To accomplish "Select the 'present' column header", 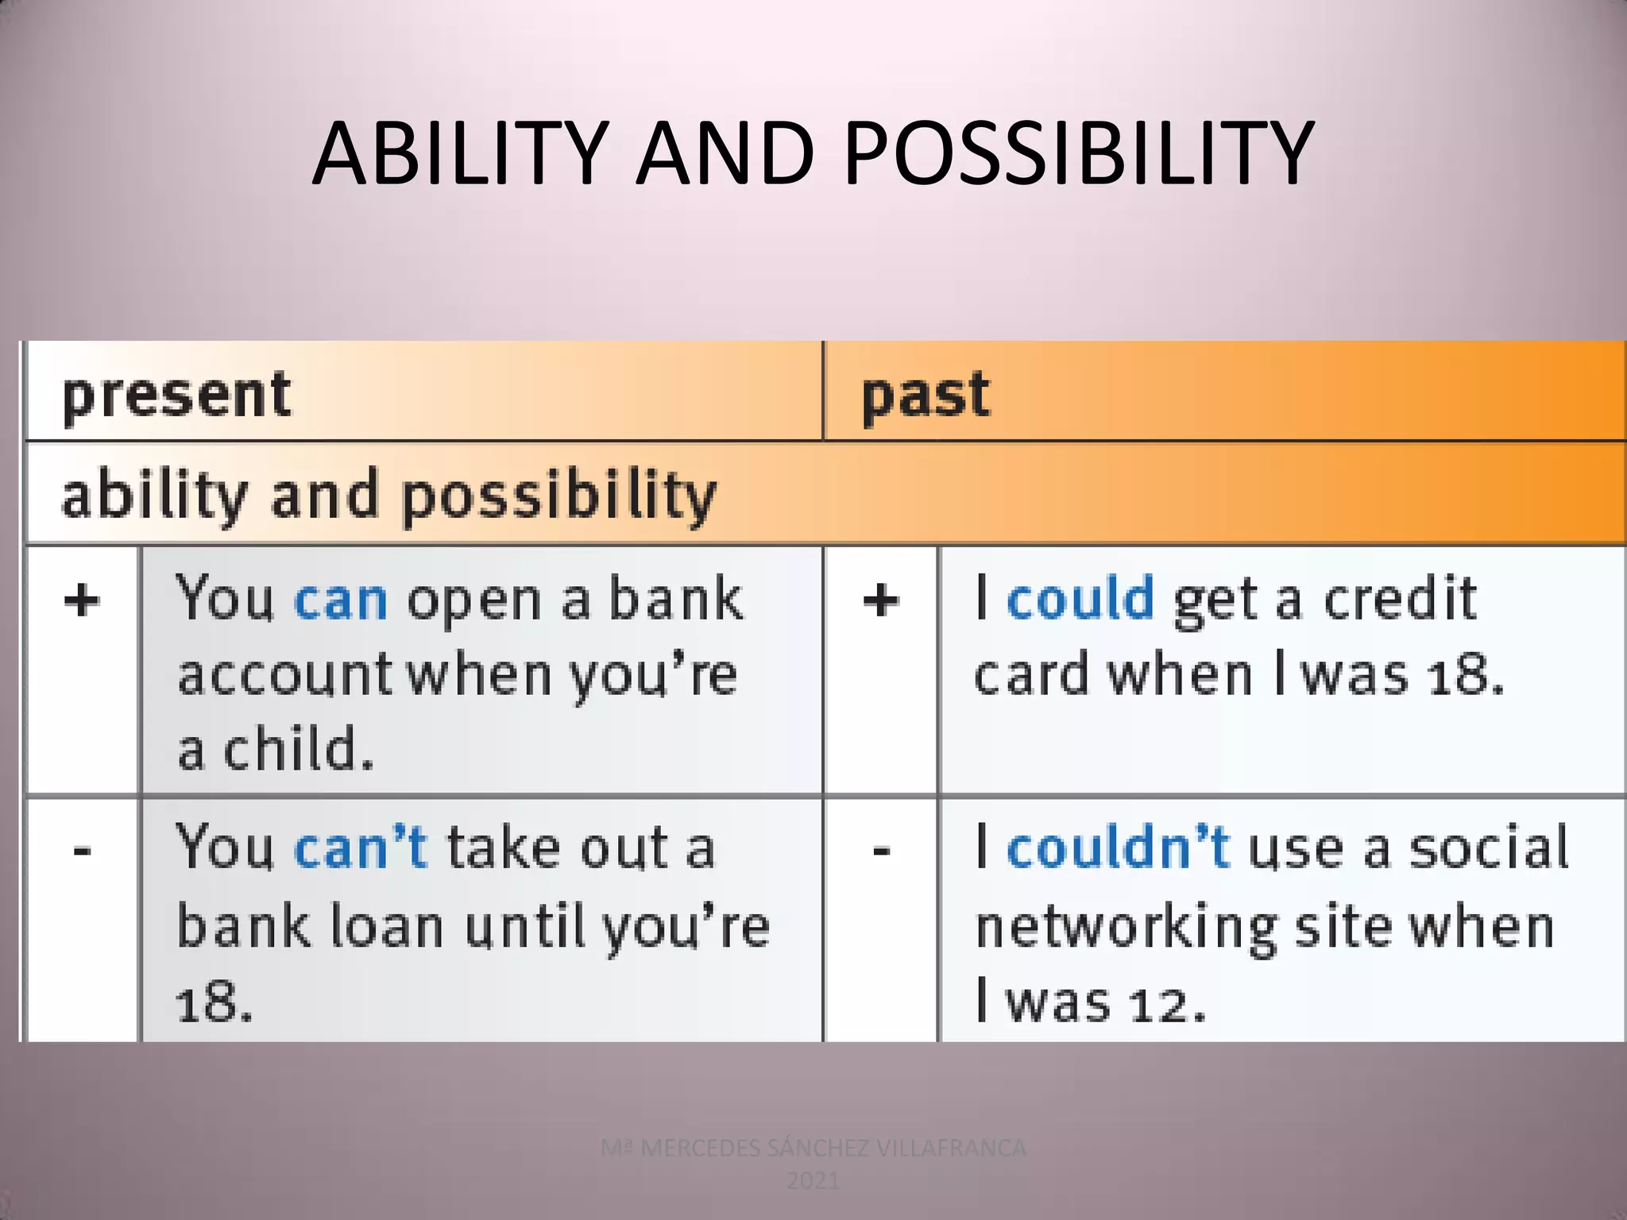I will click(x=176, y=395).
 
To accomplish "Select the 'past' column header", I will click(x=926, y=395).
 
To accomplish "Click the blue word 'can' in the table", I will click(x=341, y=600).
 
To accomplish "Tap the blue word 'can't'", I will click(x=361, y=847).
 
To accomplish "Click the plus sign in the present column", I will click(x=83, y=600).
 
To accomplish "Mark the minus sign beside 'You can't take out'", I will click(x=83, y=851).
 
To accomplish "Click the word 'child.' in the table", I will click(x=298, y=749).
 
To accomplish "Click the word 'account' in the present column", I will click(x=284, y=675).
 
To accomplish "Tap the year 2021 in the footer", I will click(x=813, y=1181).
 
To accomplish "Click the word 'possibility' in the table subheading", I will click(x=559, y=496).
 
